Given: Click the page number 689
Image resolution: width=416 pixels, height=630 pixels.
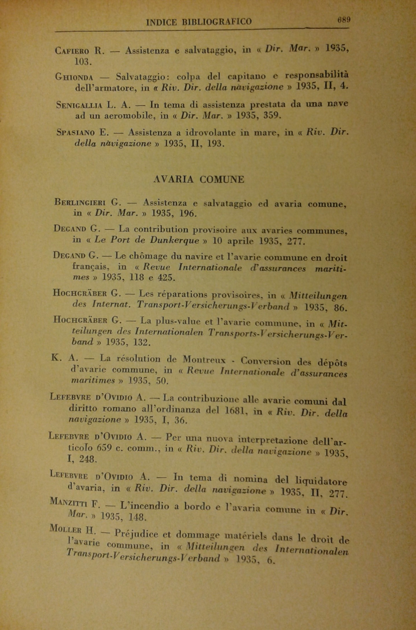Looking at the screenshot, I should click(344, 20).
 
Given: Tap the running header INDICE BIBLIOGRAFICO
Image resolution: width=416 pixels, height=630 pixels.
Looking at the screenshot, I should click(199, 22).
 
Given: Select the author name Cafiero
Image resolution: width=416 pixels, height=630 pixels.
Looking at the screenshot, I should click(72, 51).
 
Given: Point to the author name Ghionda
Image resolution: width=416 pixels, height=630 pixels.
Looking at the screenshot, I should click(74, 77).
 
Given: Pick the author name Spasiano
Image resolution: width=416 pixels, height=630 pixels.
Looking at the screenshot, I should click(76, 133).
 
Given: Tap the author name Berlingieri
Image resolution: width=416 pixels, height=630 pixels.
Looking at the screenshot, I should click(79, 202).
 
